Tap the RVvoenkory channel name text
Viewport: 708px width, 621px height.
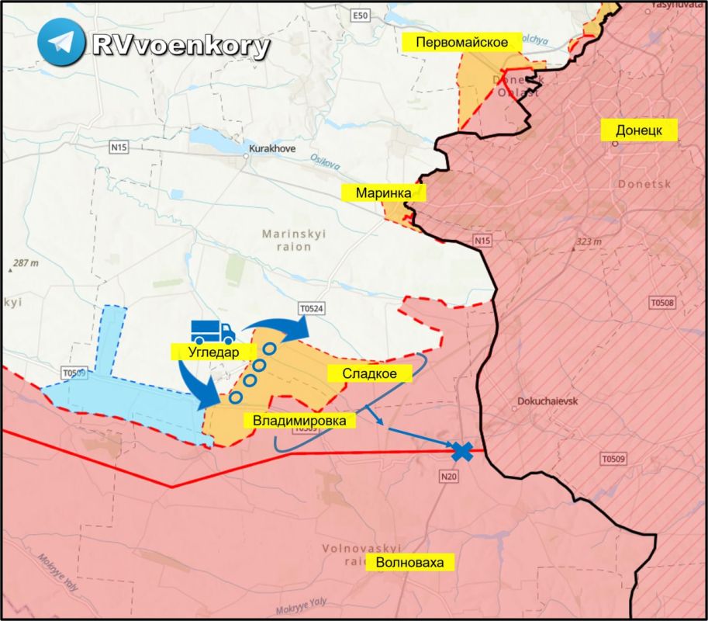pos(181,46)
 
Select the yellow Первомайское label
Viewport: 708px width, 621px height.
pos(461,43)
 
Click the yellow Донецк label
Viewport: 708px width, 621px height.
pos(639,130)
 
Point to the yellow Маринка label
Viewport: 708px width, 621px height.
pos(384,193)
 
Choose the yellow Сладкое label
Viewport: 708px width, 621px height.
pos(370,373)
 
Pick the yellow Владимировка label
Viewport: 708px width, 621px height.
pos(298,421)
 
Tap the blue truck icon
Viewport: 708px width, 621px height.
pos(212,331)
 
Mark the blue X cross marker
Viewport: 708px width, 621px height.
pos(463,451)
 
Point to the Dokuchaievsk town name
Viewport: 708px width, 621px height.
pos(548,403)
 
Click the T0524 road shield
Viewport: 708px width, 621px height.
pos(310,309)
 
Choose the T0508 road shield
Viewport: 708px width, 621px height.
pos(663,303)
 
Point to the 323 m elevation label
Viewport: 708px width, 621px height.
pos(589,242)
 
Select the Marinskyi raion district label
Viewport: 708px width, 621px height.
pos(286,240)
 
